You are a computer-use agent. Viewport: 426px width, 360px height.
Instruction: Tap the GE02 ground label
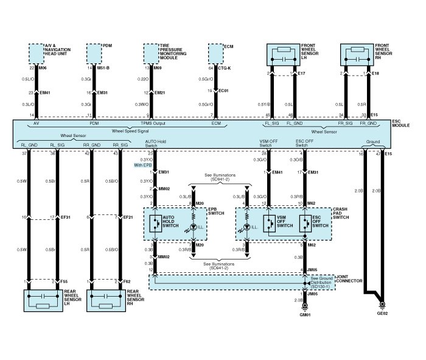(381, 315)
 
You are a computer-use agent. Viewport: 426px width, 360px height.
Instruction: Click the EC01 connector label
(223, 91)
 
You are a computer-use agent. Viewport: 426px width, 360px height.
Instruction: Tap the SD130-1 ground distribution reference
(318, 286)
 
